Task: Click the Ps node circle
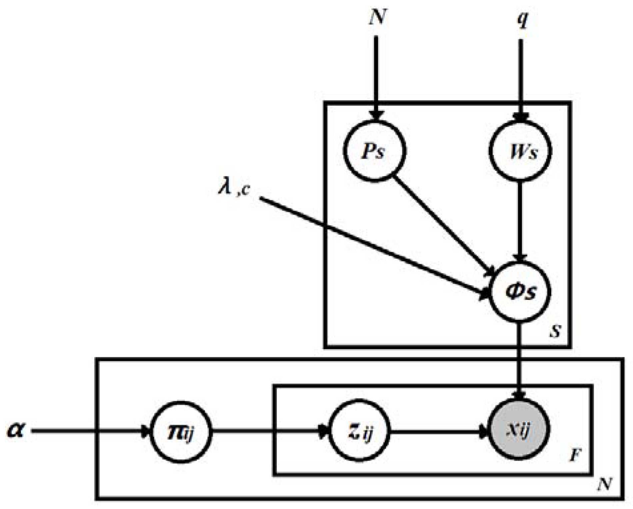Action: pyautogui.click(x=375, y=151)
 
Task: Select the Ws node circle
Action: pyautogui.click(x=520, y=151)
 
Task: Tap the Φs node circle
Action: pyautogui.click(x=519, y=291)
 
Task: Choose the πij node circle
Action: pyautogui.click(x=181, y=432)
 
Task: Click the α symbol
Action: pyautogui.click(x=16, y=430)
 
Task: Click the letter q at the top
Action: pyautogui.click(x=522, y=19)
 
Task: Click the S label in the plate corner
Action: pyautogui.click(x=555, y=331)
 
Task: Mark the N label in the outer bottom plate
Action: pyautogui.click(x=604, y=484)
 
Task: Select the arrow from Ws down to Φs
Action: pyautogui.click(x=520, y=220)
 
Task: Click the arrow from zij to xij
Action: pyautogui.click(x=437, y=432)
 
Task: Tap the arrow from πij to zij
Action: pyautogui.click(x=267, y=432)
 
